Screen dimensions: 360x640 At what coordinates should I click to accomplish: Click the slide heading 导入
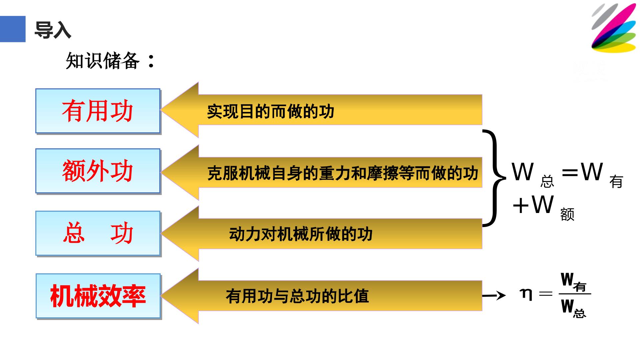53,30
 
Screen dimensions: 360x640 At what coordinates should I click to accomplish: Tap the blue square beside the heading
13,29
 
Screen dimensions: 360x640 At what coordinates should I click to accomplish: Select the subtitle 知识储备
110,61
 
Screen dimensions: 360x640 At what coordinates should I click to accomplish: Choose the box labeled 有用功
98,111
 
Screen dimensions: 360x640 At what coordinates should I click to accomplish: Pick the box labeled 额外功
98,171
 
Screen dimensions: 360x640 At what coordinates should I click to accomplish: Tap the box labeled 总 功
98,233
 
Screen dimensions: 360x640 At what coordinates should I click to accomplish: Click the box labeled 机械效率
98,296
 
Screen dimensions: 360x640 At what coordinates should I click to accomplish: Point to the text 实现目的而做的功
270,111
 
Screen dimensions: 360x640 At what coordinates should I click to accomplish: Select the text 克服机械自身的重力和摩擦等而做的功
342,173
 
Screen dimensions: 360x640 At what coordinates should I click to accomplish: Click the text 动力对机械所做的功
301,234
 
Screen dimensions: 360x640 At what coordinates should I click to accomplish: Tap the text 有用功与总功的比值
297,296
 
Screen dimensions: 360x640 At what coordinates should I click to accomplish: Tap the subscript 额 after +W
567,214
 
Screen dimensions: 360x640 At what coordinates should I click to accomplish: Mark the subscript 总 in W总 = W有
547,182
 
